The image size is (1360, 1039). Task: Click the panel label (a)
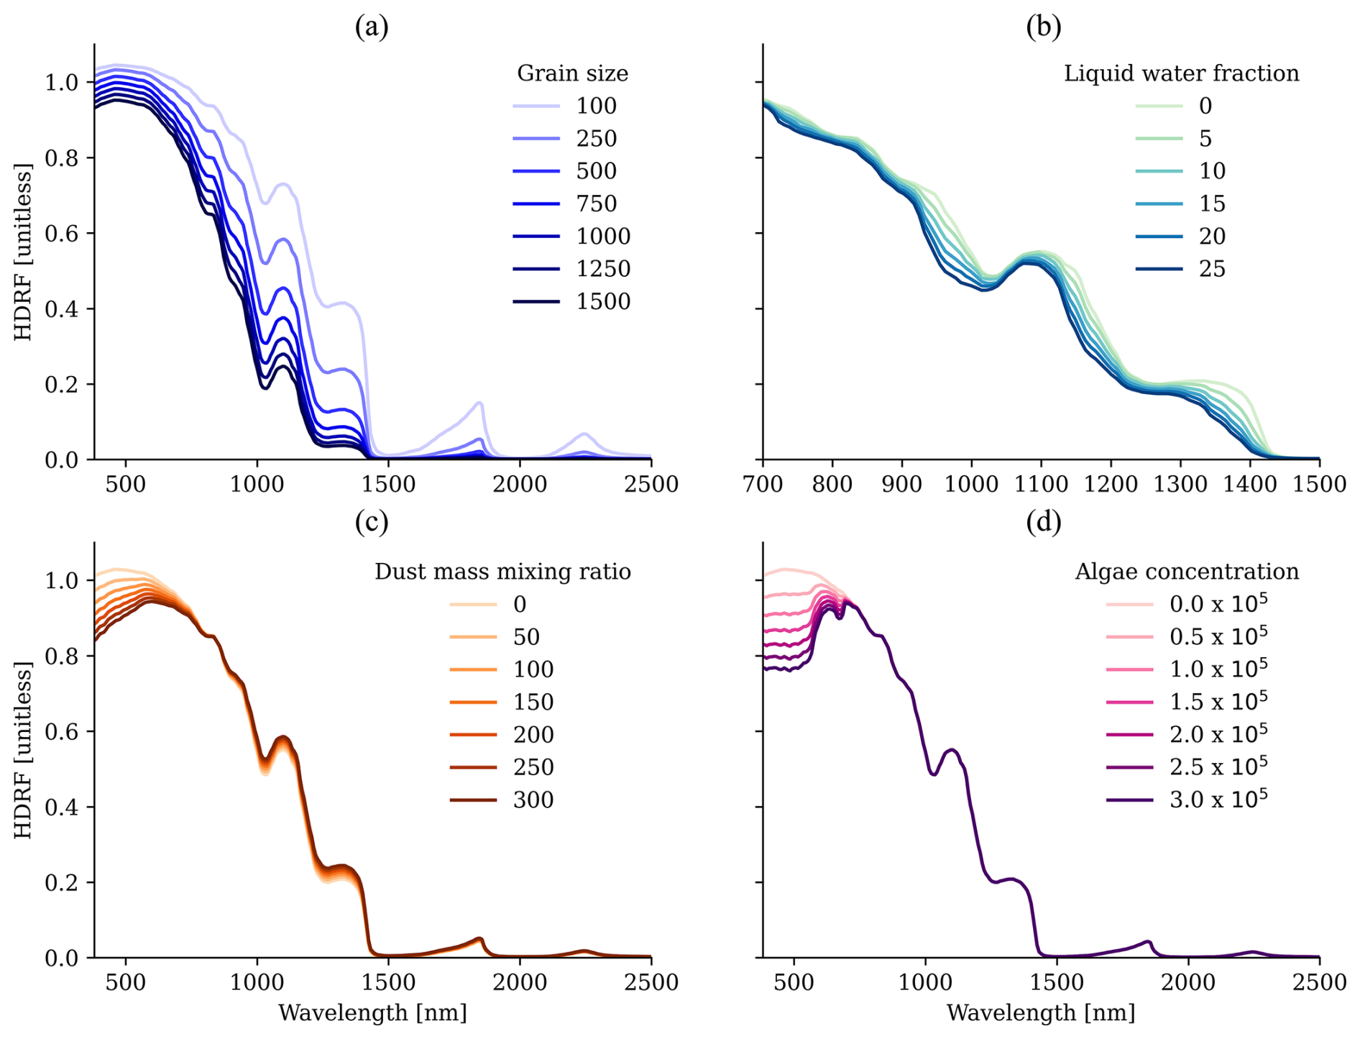[x=372, y=27]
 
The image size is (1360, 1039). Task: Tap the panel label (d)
[x=1044, y=523]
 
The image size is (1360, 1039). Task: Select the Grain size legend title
[x=572, y=73]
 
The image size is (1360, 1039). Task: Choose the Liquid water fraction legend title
[x=1181, y=73]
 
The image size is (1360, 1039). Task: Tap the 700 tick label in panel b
[x=763, y=484]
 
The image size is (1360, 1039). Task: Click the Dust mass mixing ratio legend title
[x=502, y=572]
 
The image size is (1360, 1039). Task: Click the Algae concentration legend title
[x=1187, y=572]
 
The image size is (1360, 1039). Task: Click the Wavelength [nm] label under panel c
[x=372, y=1013]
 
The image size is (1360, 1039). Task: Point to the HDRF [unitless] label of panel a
[x=24, y=252]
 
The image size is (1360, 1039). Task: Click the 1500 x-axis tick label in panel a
[x=388, y=484]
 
